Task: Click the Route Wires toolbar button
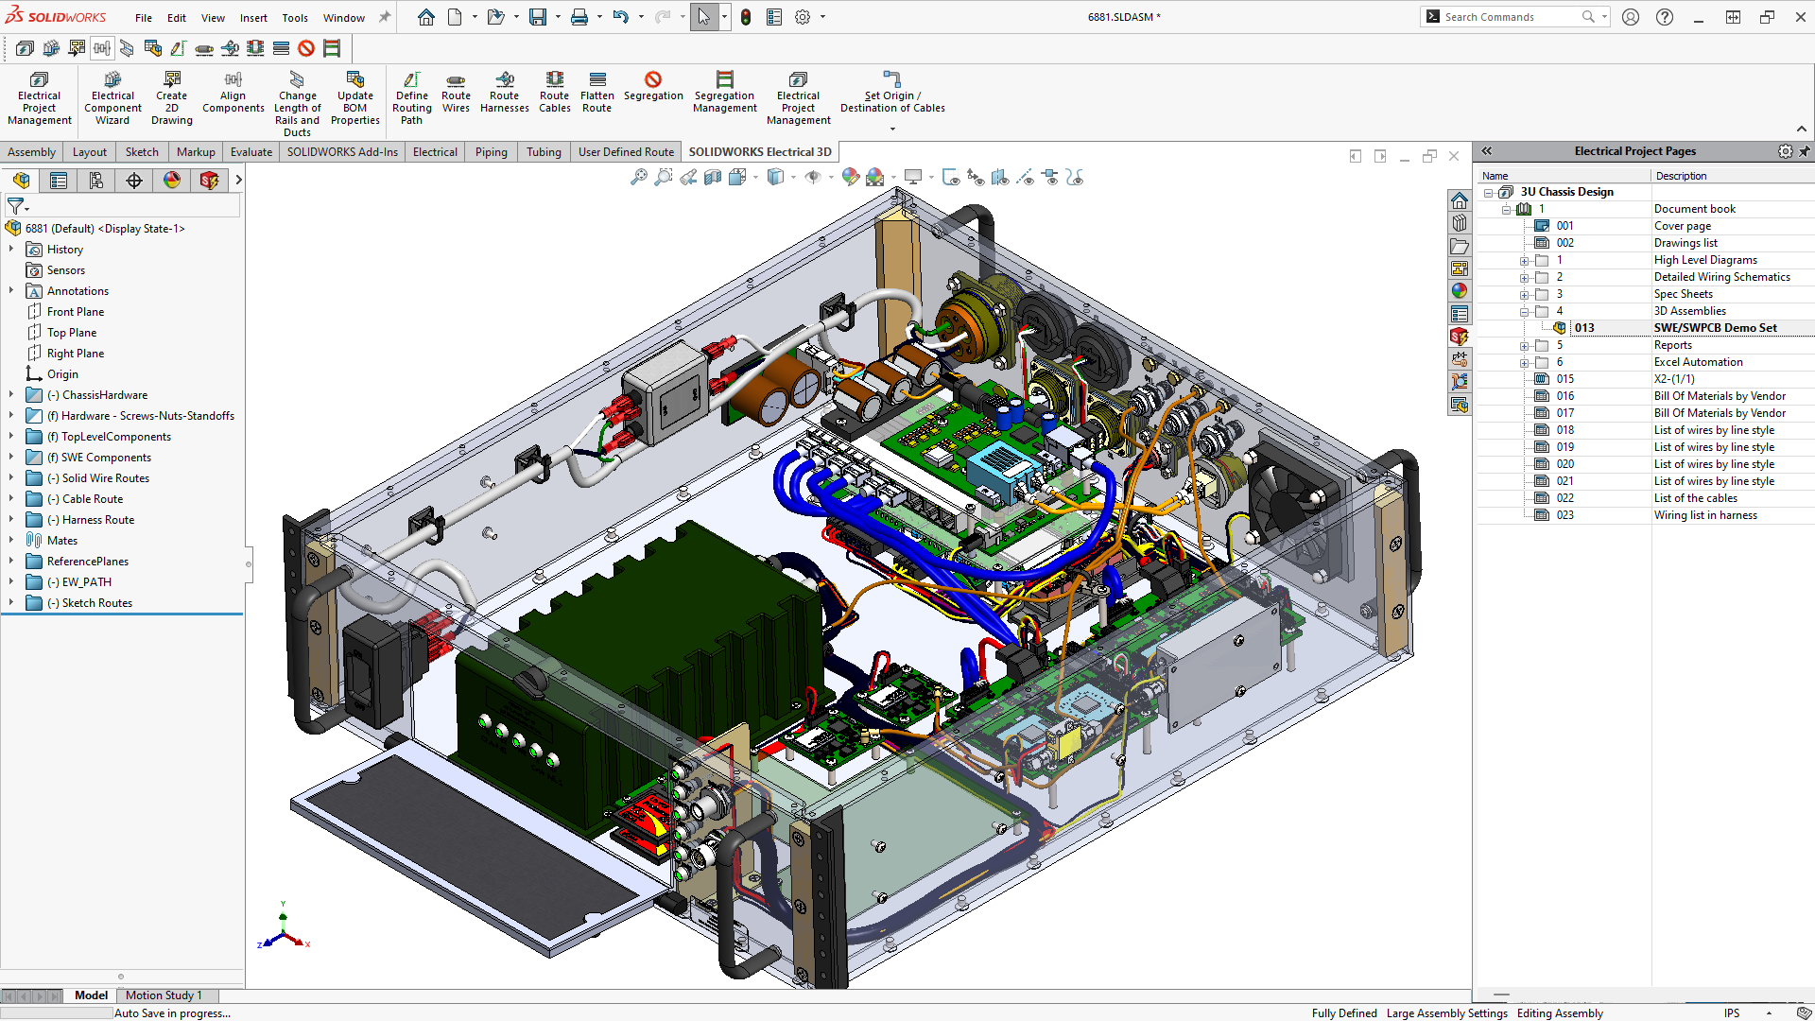pos(456,93)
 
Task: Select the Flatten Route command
pos(596,93)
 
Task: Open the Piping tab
pos(491,151)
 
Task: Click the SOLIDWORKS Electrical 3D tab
pos(759,151)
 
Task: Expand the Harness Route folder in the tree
pos(11,520)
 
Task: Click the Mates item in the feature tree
pos(62,541)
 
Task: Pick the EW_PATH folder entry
pos(86,582)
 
